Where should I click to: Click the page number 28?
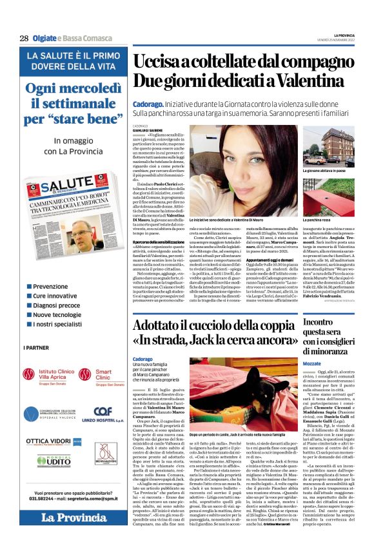24,38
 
